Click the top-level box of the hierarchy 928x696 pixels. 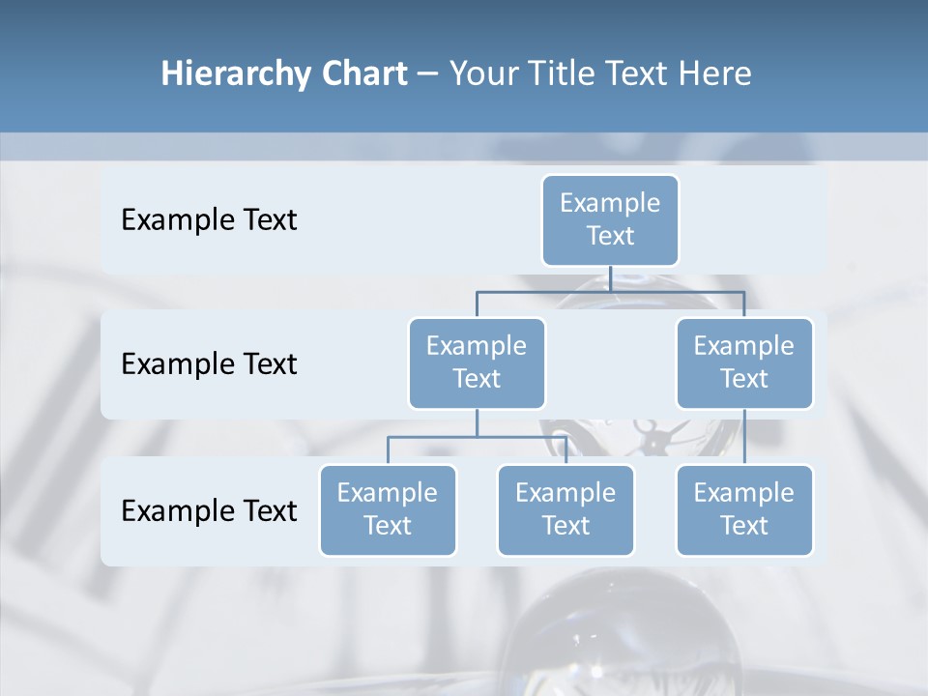point(610,219)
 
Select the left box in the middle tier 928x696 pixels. point(477,362)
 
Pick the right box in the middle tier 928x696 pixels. point(744,362)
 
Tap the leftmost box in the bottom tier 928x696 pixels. point(388,509)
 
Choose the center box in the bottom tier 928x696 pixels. point(565,509)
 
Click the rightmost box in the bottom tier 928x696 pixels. point(744,509)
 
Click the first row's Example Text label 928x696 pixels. point(209,220)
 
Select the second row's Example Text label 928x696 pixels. point(209,364)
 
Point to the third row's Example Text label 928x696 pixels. point(209,510)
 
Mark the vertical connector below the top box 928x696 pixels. point(610,277)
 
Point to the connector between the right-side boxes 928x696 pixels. point(744,436)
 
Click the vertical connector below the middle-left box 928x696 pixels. point(477,422)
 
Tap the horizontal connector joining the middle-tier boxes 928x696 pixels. point(610,290)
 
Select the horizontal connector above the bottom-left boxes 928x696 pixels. point(477,437)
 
